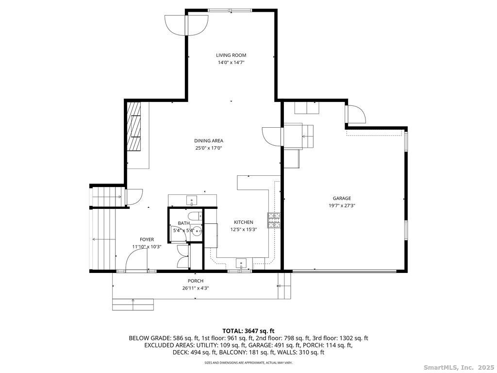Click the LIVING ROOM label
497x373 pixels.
click(x=231, y=55)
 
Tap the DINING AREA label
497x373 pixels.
click(x=209, y=140)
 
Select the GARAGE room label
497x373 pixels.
click(x=342, y=198)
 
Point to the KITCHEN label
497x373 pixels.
click(x=244, y=222)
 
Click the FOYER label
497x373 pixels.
click(x=147, y=239)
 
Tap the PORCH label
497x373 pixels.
click(x=196, y=281)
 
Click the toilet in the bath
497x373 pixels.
click(x=195, y=216)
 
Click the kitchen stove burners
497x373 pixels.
click(x=275, y=220)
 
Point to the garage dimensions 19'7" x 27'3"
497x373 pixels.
click(x=342, y=205)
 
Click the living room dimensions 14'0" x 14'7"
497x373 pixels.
click(x=231, y=63)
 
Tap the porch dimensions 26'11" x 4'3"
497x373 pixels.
click(x=196, y=288)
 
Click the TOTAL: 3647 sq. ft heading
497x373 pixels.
click(x=248, y=331)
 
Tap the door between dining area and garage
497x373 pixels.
click(x=272, y=136)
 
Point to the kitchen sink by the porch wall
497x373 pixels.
click(x=241, y=264)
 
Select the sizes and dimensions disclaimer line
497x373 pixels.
click(x=248, y=362)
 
